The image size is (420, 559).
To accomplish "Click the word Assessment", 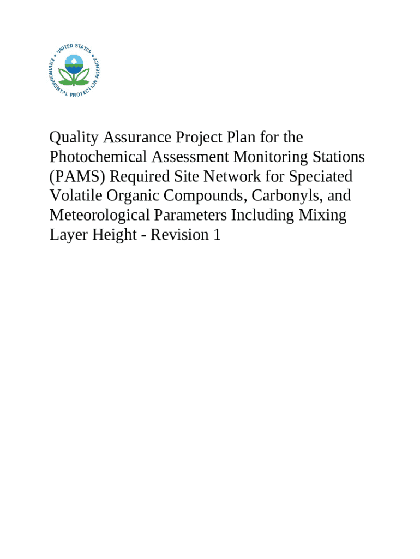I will [x=190, y=157].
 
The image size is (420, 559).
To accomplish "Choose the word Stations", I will [x=338, y=157].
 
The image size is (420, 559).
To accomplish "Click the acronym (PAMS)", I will [x=74, y=176].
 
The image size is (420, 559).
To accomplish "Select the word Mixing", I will [x=322, y=215].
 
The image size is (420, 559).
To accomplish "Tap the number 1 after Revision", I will [x=217, y=235].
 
